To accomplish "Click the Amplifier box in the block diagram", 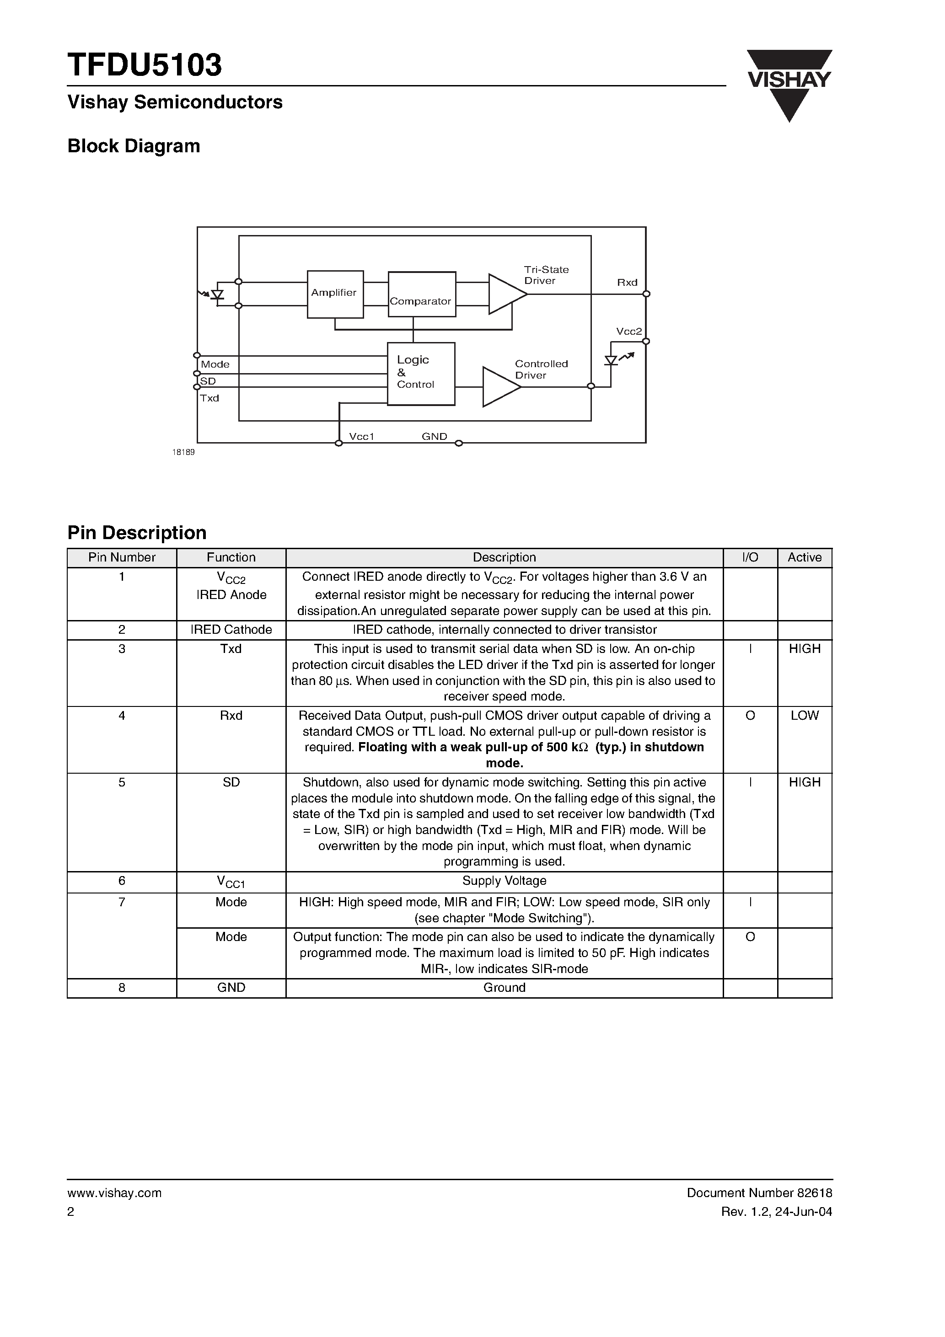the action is [x=335, y=294].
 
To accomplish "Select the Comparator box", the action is [x=422, y=294].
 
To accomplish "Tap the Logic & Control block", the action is [x=421, y=373].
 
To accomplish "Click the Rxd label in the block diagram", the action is [x=627, y=283].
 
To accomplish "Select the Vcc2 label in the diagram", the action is [x=628, y=332].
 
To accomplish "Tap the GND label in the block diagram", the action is [x=434, y=436].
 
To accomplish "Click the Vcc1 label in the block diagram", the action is [x=361, y=436].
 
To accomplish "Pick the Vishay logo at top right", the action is [x=789, y=85].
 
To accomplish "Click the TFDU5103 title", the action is [x=145, y=65].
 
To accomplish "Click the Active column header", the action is [x=804, y=557].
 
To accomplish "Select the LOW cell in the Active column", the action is [x=804, y=715].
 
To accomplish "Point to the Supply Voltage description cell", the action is [x=504, y=881].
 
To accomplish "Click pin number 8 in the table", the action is [x=122, y=987].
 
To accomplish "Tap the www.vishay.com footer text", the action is [x=114, y=1193].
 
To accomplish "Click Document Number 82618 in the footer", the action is [x=759, y=1193].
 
